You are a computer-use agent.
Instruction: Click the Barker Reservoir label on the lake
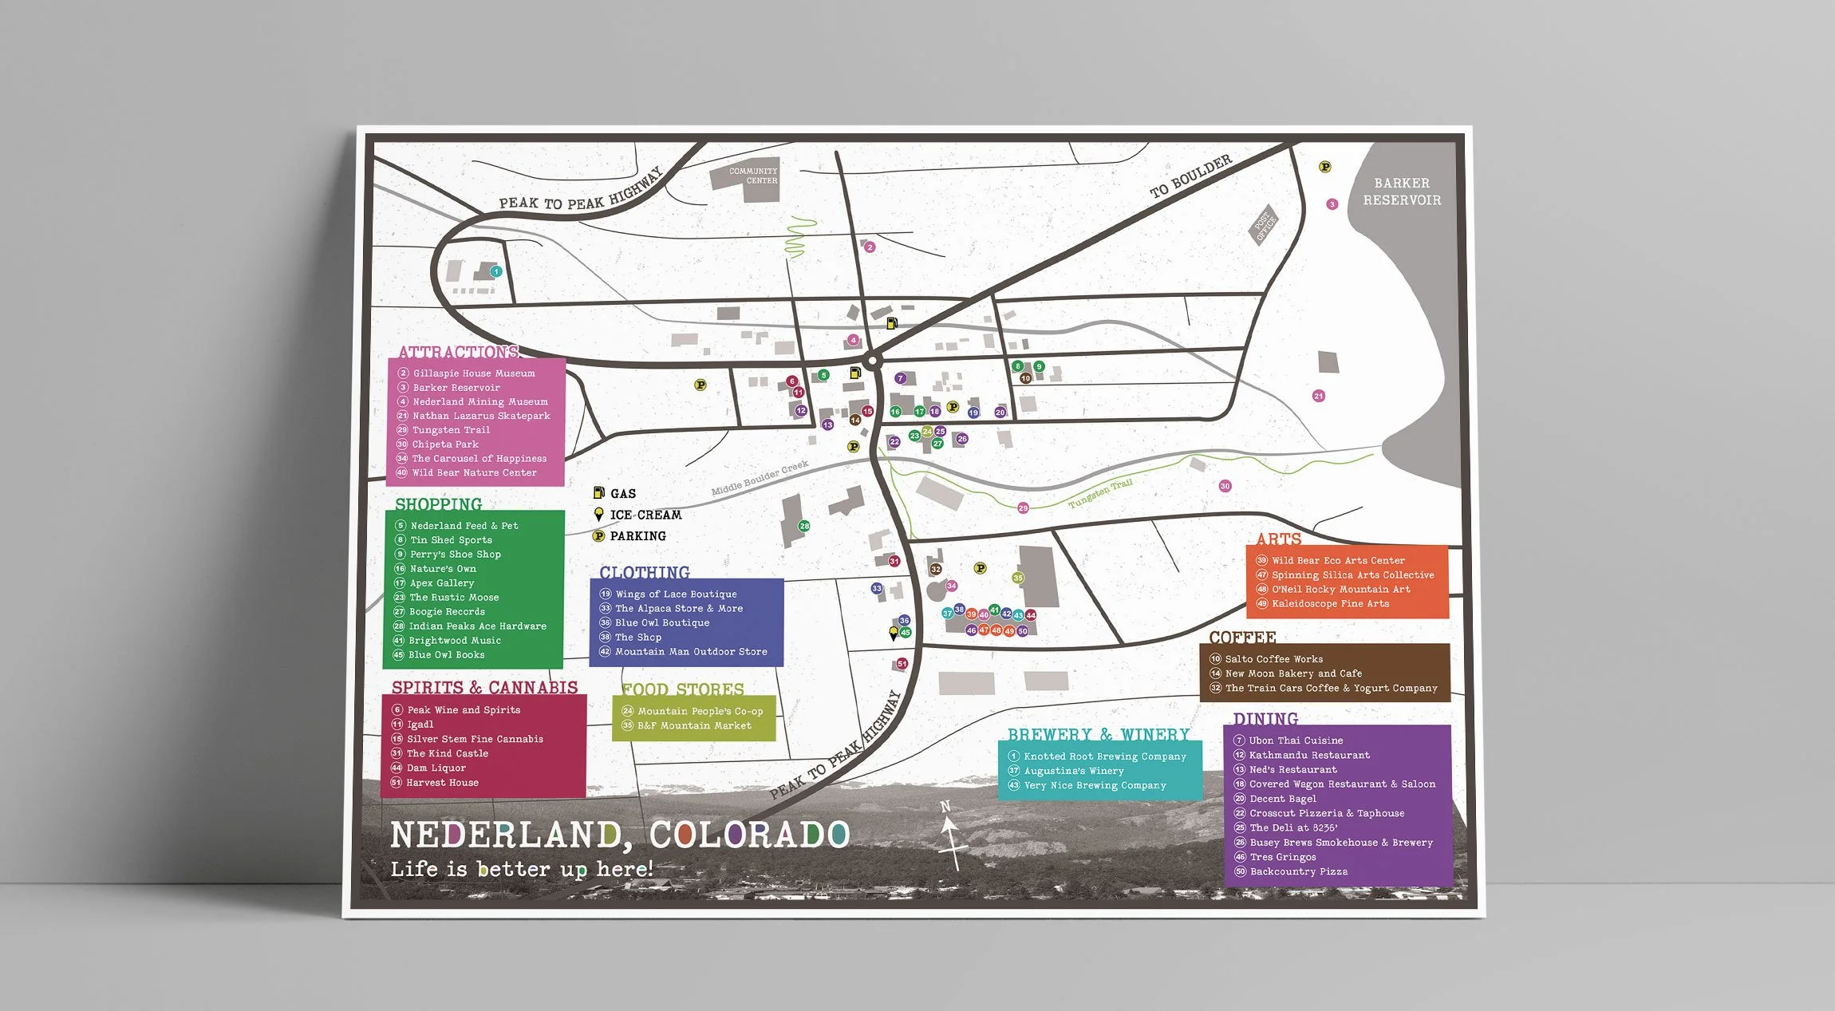pos(1402,192)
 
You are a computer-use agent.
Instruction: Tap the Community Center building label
pos(752,176)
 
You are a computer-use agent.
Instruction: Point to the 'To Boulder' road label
pos(1190,176)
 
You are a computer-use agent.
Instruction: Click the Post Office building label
pos(1265,224)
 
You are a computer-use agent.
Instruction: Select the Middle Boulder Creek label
pos(760,478)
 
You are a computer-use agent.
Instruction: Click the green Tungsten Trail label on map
pos(1100,493)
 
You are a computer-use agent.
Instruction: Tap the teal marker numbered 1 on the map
pos(495,271)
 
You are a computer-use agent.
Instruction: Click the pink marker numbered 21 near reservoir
pos(1318,396)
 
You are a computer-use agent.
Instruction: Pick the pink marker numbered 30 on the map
pos(1225,486)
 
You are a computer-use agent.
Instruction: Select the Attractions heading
pos(458,352)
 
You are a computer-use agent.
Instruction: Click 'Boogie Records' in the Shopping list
pos(446,612)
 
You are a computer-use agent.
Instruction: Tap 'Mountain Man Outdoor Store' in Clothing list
pos(690,652)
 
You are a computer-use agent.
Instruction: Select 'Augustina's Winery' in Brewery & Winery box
pos(1073,771)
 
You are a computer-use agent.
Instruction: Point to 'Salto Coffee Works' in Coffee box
pos(1273,659)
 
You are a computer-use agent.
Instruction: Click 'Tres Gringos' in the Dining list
pos(1282,857)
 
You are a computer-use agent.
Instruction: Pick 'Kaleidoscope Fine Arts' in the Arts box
pos(1330,604)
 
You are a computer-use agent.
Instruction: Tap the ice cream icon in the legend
pos(598,515)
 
